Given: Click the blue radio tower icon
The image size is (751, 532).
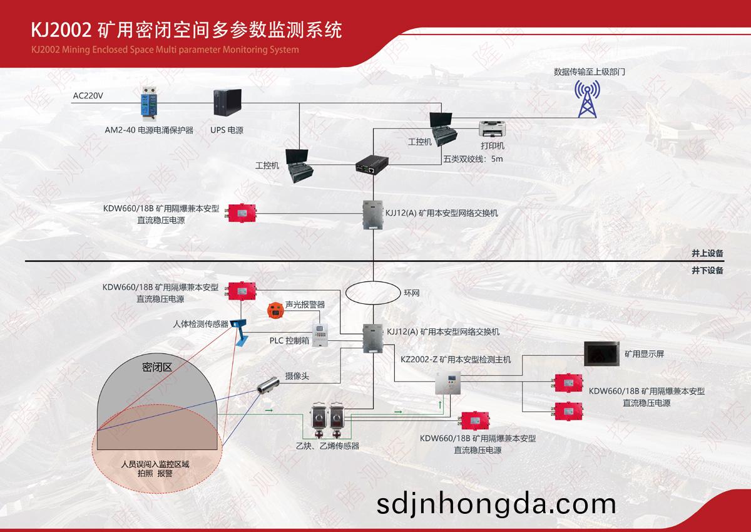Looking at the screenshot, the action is (x=587, y=98).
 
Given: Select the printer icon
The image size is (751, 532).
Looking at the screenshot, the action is (x=492, y=129).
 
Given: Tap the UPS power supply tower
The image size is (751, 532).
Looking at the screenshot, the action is (x=227, y=102).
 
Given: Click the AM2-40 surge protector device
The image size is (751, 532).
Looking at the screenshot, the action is (x=149, y=104).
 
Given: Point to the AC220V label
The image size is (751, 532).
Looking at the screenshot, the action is (x=88, y=96).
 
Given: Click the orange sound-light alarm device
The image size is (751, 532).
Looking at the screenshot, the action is (x=275, y=310).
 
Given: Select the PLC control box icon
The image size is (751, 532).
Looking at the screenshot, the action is (x=320, y=335).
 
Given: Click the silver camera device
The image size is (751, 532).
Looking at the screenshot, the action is (x=268, y=385).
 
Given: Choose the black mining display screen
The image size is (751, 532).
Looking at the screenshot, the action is (x=602, y=353).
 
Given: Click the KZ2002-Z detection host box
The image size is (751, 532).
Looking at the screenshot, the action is (x=448, y=383).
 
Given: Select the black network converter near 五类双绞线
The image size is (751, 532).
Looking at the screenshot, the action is (x=372, y=164).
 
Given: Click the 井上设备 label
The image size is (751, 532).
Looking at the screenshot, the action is (x=707, y=253).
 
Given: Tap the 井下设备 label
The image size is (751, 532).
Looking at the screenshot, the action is (x=707, y=270).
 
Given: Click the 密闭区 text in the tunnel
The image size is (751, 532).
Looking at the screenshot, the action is (x=157, y=367).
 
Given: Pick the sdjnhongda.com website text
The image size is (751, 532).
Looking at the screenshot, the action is (x=496, y=504).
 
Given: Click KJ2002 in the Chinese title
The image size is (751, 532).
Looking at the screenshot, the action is (x=61, y=30).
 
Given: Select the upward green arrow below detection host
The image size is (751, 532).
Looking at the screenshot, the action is (x=440, y=404).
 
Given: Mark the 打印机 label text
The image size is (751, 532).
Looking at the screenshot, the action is (x=493, y=145).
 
